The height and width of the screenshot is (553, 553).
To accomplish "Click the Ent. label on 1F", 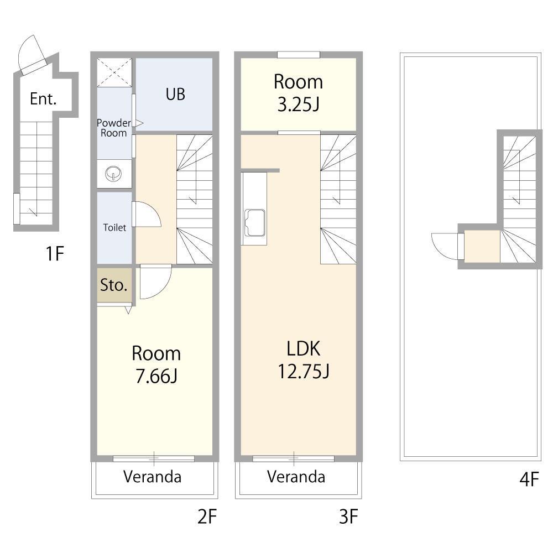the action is (43, 99).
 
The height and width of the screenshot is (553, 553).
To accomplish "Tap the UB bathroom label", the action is (175, 94).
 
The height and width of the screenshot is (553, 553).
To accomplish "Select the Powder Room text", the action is (113, 128).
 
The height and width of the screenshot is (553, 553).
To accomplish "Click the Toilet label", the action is (114, 227).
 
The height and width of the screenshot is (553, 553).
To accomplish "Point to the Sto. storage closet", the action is (113, 285).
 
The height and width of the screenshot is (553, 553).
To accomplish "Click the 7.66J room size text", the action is (156, 376).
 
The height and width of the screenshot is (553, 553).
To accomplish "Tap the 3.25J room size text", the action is (299, 105).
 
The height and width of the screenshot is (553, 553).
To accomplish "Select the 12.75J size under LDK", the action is (304, 371).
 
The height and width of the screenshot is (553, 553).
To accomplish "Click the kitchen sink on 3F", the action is (254, 223).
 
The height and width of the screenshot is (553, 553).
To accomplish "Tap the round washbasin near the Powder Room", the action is (113, 174).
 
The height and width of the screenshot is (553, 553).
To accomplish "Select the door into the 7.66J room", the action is (155, 281).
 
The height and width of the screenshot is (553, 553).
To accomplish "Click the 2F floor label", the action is (207, 517).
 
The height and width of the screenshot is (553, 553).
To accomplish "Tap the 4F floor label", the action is (529, 479).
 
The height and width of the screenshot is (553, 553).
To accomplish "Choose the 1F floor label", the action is (55, 254).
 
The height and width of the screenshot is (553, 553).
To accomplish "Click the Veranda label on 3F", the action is (296, 477).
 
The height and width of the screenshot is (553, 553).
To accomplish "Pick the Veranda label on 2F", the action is (153, 477).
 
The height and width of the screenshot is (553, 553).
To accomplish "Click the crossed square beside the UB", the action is (114, 72).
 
